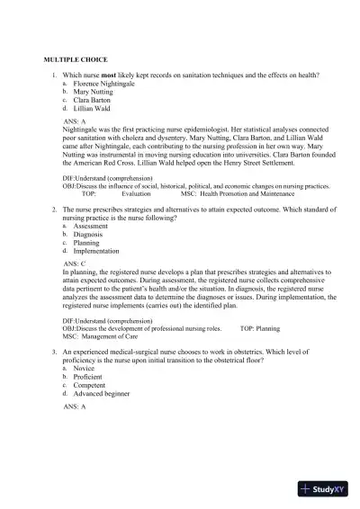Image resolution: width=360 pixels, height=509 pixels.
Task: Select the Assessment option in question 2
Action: click(x=91, y=226)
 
